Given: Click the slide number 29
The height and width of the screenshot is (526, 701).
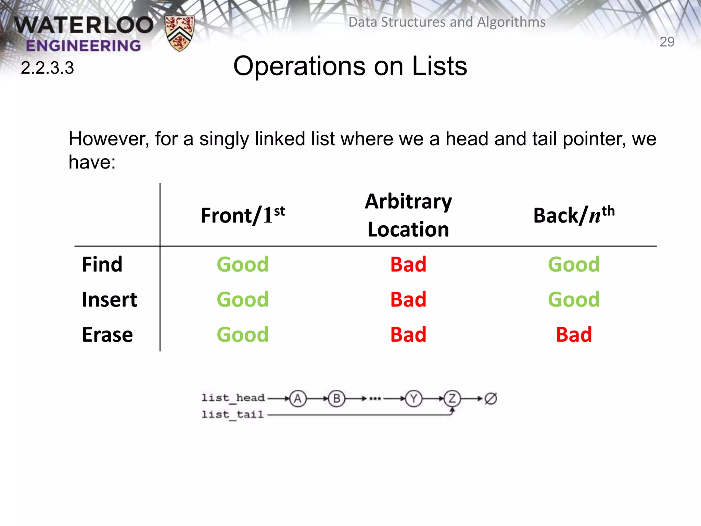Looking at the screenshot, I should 667,42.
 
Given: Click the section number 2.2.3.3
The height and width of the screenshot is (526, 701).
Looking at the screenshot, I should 47,68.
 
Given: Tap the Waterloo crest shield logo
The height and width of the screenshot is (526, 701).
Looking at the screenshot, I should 179,33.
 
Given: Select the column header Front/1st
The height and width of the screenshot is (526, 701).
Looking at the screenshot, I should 243,215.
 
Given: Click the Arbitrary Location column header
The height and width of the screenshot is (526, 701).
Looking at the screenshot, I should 408,215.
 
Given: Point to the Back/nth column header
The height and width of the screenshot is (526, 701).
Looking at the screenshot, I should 574,215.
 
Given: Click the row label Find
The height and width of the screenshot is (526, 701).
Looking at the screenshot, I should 102,264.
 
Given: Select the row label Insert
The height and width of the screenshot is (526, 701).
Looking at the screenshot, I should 109,300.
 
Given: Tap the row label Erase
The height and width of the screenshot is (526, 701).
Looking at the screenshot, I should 107,335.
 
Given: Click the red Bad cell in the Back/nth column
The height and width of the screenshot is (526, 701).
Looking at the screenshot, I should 574,335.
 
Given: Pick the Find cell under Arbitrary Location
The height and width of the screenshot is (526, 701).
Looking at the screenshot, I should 408,264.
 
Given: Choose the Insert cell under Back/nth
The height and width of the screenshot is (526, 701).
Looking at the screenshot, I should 574,300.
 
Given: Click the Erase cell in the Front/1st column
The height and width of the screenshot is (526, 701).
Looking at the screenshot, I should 243,335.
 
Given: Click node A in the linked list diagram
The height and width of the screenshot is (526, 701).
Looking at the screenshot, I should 298,399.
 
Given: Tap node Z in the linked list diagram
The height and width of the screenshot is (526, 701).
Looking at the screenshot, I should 452,399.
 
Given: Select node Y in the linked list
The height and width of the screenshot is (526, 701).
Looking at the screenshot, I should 413,399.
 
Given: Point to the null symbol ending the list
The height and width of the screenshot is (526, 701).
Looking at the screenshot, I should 491,399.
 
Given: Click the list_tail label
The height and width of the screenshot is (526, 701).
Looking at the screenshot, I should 232,415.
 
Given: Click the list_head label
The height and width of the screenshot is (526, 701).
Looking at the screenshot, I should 233,398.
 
